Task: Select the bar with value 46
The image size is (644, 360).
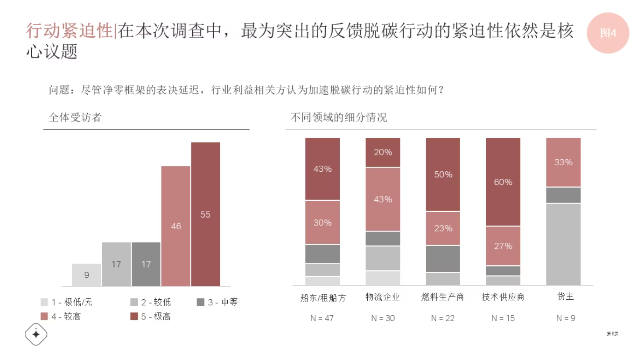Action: (176, 226)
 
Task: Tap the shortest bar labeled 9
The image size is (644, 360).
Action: (86, 275)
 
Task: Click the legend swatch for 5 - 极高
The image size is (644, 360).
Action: (134, 317)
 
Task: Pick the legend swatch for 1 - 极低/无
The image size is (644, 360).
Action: (44, 302)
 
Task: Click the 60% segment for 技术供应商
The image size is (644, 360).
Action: (503, 182)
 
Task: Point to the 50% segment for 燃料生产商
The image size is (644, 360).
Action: (443, 174)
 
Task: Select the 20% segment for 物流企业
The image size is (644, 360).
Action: (383, 152)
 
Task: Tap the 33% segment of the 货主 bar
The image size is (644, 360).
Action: (563, 162)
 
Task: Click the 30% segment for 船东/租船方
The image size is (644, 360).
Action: (322, 222)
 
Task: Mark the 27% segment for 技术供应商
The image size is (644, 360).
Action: (503, 246)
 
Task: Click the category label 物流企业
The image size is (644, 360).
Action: (383, 297)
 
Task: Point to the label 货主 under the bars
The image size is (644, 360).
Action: (565, 296)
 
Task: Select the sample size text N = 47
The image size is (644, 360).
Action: (322, 318)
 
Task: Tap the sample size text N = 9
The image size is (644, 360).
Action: (565, 318)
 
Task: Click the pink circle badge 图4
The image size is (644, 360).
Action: (608, 33)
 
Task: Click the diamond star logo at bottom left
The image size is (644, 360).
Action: (36, 334)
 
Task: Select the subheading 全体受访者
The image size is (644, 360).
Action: (75, 118)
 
